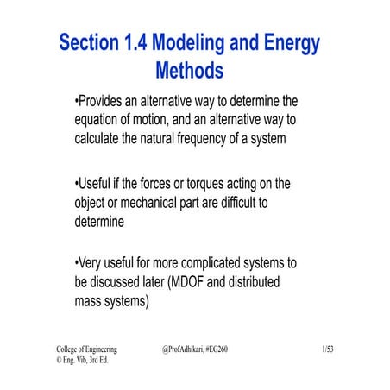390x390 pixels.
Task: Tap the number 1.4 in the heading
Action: (x=142, y=42)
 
